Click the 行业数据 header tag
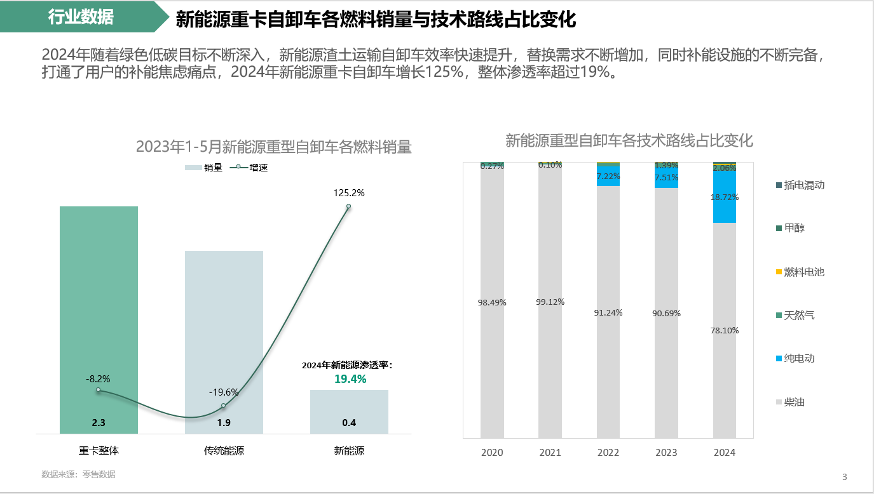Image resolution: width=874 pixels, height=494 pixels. pyautogui.click(x=81, y=17)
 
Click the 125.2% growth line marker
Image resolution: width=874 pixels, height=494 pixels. pyautogui.click(x=348, y=206)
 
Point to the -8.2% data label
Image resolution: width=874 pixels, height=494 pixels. pyautogui.click(x=98, y=378)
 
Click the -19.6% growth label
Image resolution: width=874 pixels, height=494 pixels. pyautogui.click(x=224, y=392)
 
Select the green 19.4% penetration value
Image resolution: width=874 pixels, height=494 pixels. pyautogui.click(x=350, y=379)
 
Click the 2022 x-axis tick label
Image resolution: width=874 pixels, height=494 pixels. pyautogui.click(x=608, y=453)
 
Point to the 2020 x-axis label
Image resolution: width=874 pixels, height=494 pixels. pyautogui.click(x=492, y=453)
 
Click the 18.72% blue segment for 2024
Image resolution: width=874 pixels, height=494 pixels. pyautogui.click(x=725, y=197)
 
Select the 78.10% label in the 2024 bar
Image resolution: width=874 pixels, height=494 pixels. pyautogui.click(x=725, y=330)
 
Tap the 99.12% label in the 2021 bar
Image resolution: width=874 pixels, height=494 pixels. pyautogui.click(x=550, y=302)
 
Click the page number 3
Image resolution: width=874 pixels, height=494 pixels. pyautogui.click(x=844, y=477)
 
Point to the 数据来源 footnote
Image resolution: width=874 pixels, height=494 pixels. pyautogui.click(x=78, y=474)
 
